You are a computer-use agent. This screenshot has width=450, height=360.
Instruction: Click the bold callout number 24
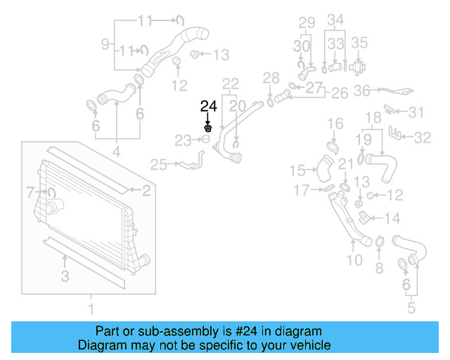pos(209,107)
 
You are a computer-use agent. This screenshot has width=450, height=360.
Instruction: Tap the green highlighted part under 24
pos(208,129)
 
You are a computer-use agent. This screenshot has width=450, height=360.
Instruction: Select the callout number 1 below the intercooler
pos(90,309)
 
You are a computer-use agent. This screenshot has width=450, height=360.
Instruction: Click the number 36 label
pos(362,90)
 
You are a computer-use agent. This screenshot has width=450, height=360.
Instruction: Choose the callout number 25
pos(158,165)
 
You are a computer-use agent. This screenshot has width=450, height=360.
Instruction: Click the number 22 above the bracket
pos(231,84)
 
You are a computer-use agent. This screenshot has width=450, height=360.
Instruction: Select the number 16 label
pos(335,124)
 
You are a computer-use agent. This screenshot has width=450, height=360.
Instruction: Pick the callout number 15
pos(299,169)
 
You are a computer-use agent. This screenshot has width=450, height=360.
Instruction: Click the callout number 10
pos(354,260)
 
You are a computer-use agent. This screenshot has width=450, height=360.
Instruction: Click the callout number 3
pos(65,276)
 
